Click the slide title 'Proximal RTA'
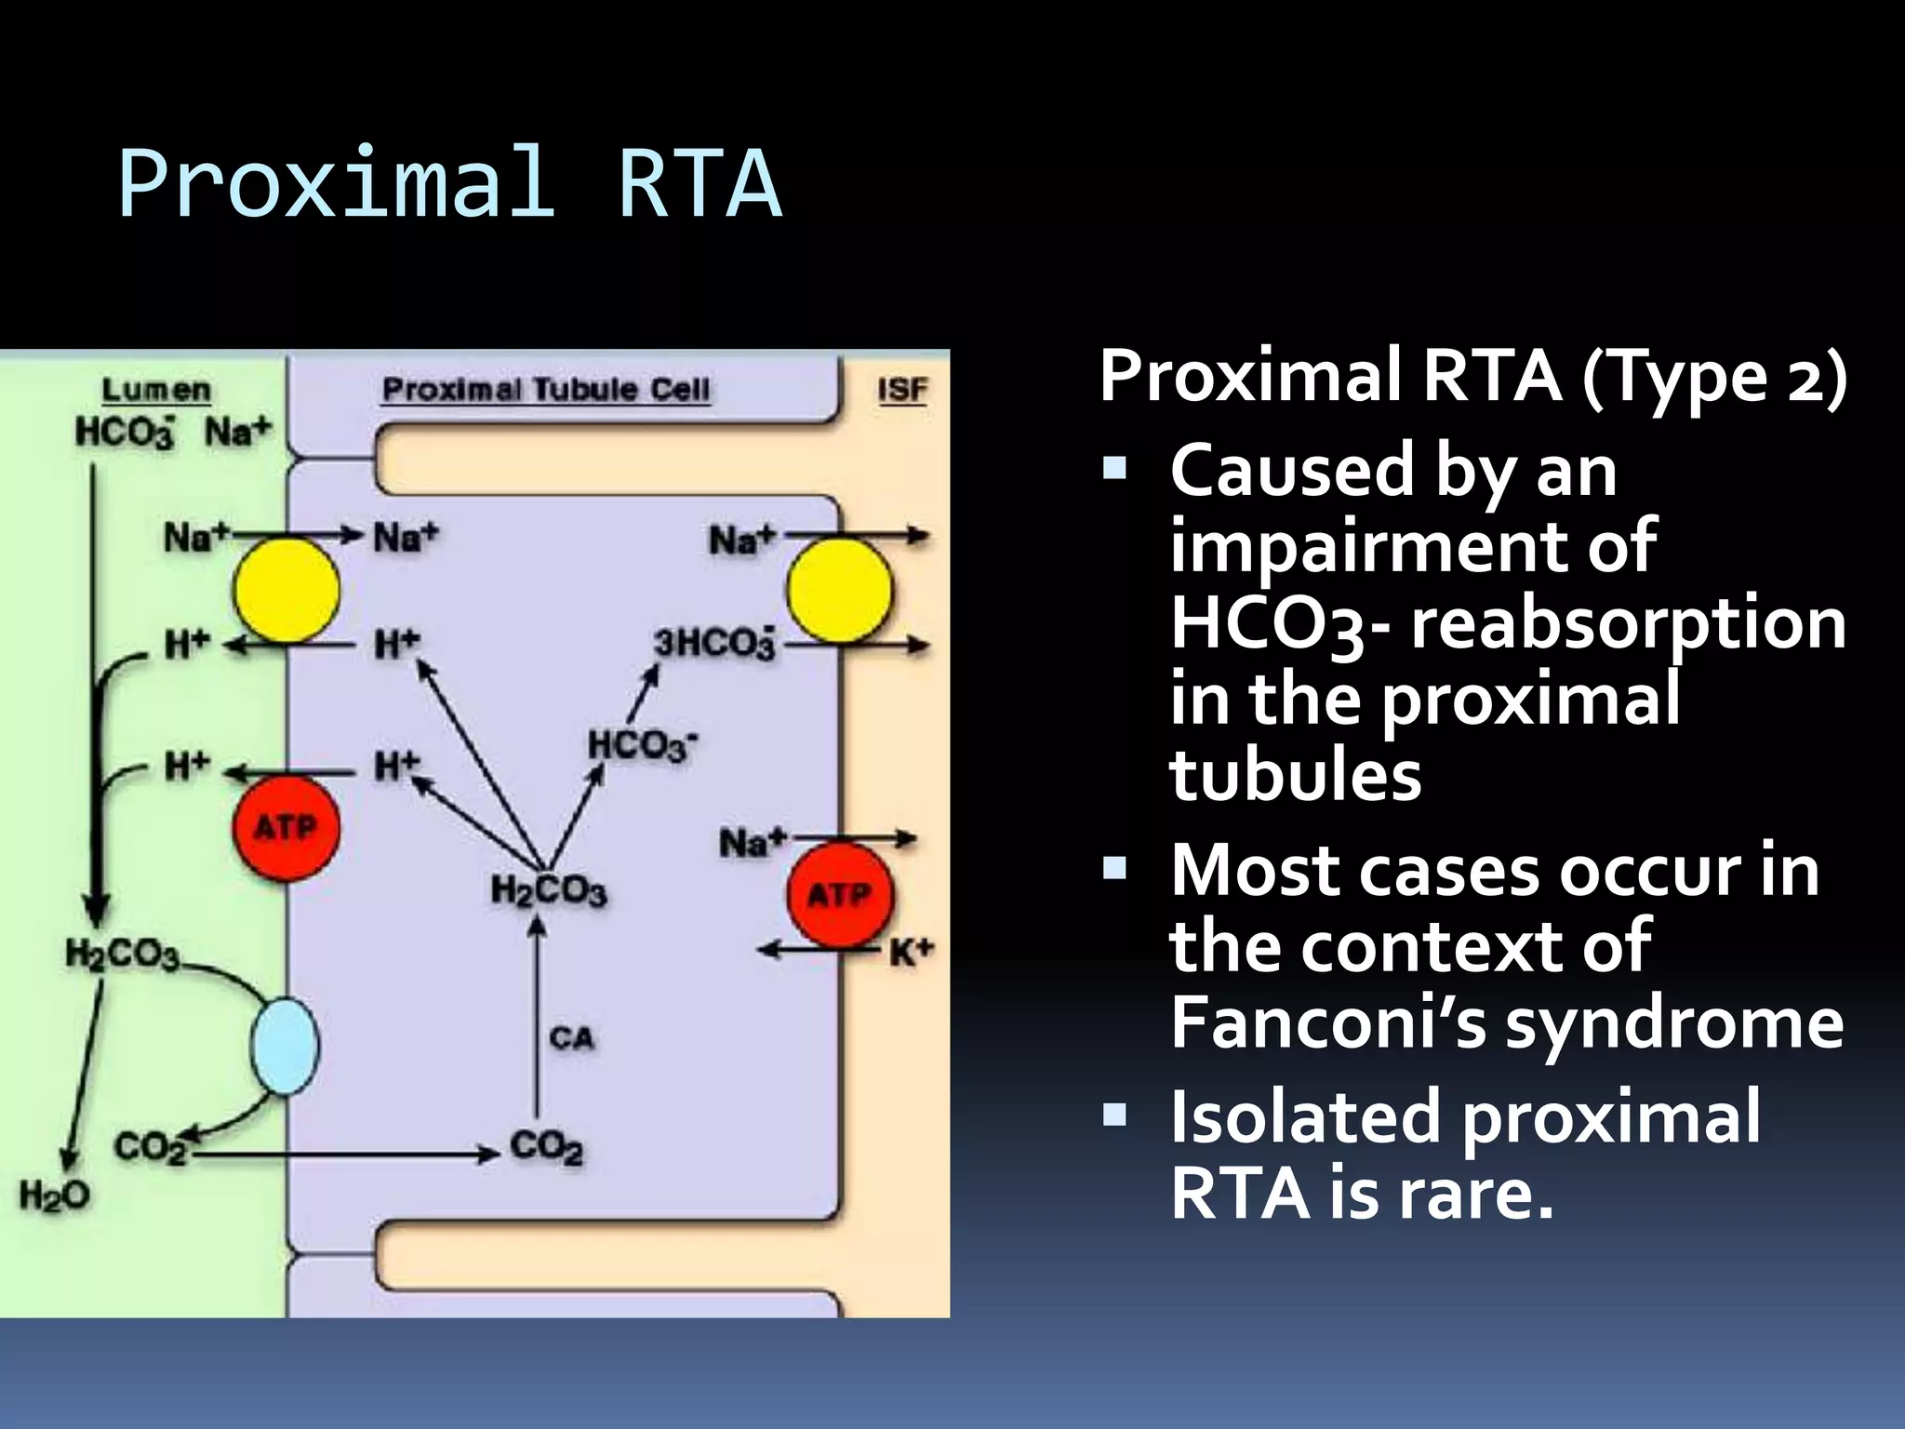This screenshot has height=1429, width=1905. (449, 183)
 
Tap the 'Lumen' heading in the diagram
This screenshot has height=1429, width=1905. (156, 390)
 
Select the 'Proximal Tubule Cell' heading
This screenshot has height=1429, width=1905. (546, 389)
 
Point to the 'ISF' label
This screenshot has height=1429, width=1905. (902, 390)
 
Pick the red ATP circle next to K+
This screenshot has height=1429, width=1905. (840, 894)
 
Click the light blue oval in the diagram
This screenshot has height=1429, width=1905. (285, 1046)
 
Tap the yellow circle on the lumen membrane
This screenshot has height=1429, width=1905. (286, 590)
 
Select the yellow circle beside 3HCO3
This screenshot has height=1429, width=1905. (839, 591)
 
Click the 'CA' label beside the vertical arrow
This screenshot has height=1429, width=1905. (571, 1037)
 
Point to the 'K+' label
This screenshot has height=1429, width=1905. (911, 953)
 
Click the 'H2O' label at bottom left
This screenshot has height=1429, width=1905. (55, 1195)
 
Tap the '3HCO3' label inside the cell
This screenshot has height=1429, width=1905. (713, 643)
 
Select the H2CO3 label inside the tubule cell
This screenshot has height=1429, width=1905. (549, 890)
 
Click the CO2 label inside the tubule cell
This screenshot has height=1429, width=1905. (547, 1146)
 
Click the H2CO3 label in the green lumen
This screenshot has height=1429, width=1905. (123, 955)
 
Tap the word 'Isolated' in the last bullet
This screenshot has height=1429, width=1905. (1305, 1116)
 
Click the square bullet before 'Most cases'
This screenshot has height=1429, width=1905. (1113, 869)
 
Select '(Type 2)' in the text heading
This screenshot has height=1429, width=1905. (1714, 376)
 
